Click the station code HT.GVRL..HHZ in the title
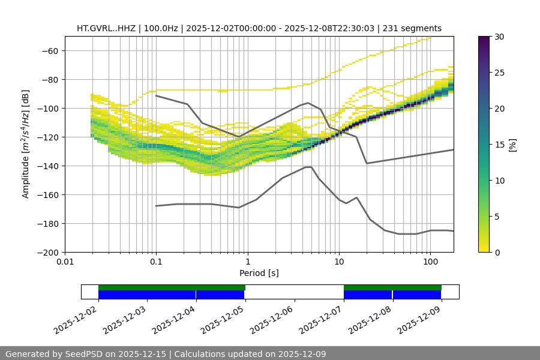click(x=107, y=28)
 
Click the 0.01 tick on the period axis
click(x=65, y=262)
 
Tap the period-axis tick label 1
click(x=247, y=262)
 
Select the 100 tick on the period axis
click(x=430, y=262)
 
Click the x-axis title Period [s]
click(x=259, y=273)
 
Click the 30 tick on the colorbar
click(x=499, y=37)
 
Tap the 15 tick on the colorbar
click(x=499, y=145)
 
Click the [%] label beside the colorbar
click(x=512, y=144)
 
